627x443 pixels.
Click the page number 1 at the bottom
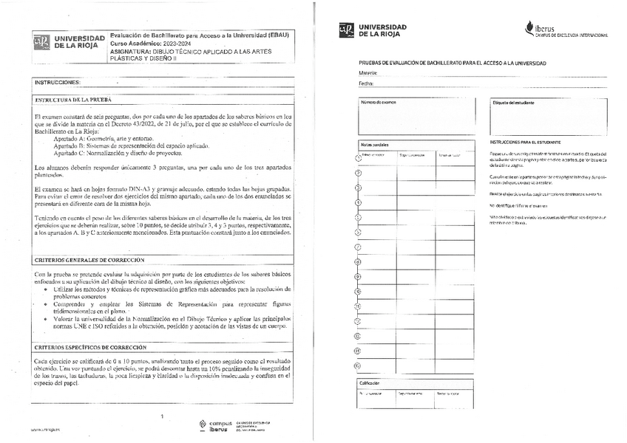click(161, 416)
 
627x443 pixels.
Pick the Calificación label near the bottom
click(370, 383)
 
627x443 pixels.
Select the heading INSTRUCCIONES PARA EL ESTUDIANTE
click(525, 142)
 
